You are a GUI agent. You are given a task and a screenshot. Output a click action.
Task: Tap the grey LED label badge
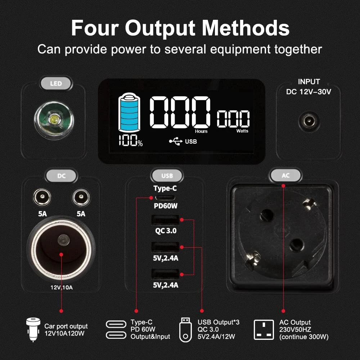point(56,84)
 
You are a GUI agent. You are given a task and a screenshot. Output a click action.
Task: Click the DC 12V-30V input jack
point(309,121)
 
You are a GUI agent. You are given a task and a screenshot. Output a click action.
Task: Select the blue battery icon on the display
point(129,112)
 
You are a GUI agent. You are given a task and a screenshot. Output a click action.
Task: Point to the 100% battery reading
point(131,140)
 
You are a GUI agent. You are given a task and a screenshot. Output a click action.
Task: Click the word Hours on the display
point(201,131)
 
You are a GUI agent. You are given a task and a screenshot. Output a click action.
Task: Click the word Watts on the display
point(242,131)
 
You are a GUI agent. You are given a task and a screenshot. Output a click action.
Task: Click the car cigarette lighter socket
point(61,250)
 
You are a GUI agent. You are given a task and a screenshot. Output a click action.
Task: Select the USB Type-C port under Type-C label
point(165,198)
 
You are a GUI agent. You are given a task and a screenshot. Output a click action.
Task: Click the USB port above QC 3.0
point(165,220)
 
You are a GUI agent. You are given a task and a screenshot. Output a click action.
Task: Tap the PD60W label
point(166,206)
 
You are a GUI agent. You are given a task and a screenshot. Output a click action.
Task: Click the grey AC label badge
point(285,176)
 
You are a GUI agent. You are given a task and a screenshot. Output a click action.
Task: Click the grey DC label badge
point(61,176)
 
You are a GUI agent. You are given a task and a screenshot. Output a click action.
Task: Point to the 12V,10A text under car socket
point(62,287)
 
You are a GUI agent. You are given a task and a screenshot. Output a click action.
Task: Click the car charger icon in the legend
point(33,329)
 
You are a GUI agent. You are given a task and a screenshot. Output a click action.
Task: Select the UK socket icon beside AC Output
point(264,330)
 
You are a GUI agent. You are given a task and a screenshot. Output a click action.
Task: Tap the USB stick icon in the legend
point(185,330)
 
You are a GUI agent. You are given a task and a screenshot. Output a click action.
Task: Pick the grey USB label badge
point(167,176)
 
